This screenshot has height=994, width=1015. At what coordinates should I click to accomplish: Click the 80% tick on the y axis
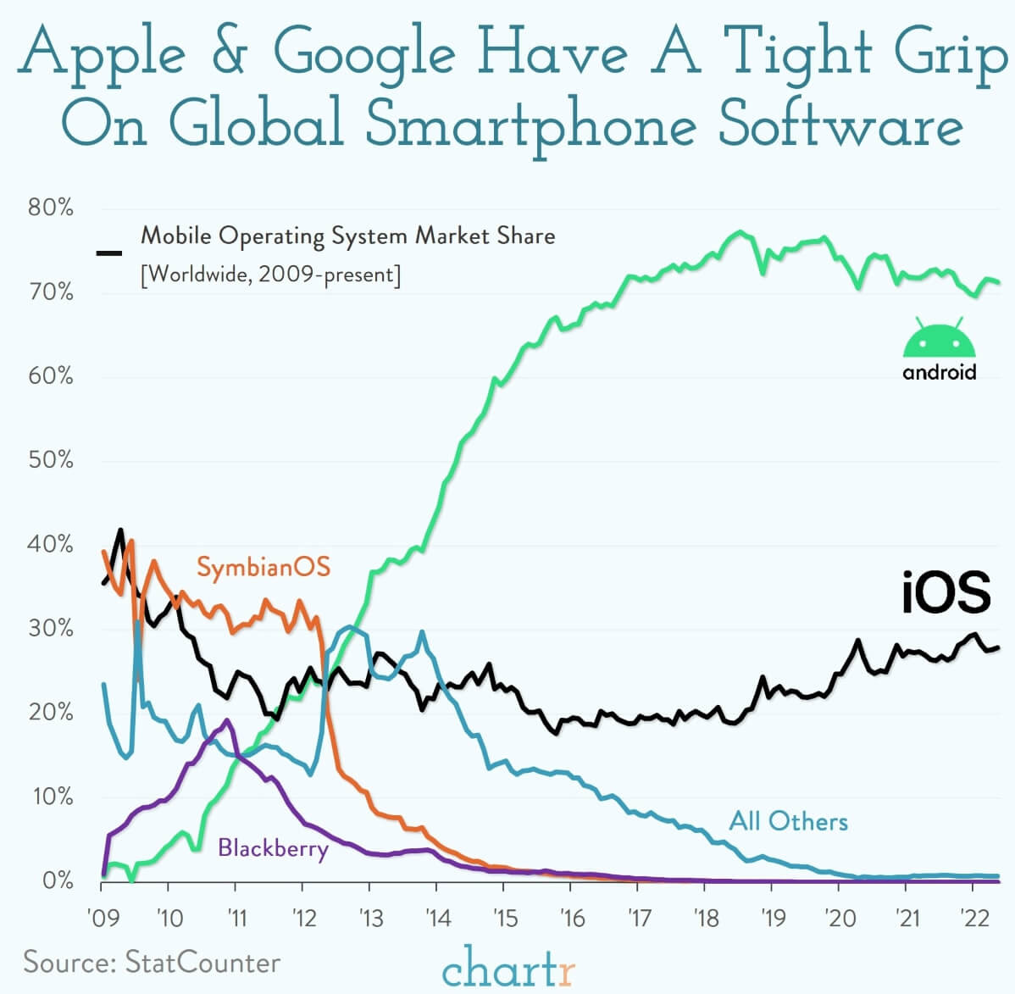(x=51, y=208)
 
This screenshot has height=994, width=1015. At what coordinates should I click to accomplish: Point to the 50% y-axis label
(x=51, y=460)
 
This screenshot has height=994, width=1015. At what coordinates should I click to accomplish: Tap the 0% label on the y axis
(x=57, y=881)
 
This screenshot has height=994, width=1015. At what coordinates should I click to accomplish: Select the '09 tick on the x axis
(x=102, y=918)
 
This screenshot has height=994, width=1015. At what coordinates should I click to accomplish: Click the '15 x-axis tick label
(x=504, y=918)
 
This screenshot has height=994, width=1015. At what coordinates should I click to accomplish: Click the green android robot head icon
(x=940, y=339)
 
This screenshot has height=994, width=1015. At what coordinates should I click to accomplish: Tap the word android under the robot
(x=940, y=372)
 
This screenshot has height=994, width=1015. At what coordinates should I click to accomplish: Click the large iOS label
(x=946, y=592)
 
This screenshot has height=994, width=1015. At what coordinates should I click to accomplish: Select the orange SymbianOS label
(x=263, y=567)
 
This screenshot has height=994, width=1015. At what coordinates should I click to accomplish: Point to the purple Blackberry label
(x=273, y=847)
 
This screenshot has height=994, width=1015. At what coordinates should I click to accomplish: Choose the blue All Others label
(x=788, y=821)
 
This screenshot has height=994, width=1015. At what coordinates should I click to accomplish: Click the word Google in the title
(x=364, y=53)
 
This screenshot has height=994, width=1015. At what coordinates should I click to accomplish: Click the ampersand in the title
(x=228, y=53)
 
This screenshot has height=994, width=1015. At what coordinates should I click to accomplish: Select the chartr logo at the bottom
(x=508, y=967)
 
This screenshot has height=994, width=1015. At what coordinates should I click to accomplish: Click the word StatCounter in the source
(x=202, y=963)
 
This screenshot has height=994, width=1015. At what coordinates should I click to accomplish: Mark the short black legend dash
(x=109, y=253)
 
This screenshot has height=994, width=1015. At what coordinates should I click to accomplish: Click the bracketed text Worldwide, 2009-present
(x=270, y=275)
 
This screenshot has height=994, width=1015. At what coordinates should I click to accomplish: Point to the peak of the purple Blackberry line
(x=226, y=720)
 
